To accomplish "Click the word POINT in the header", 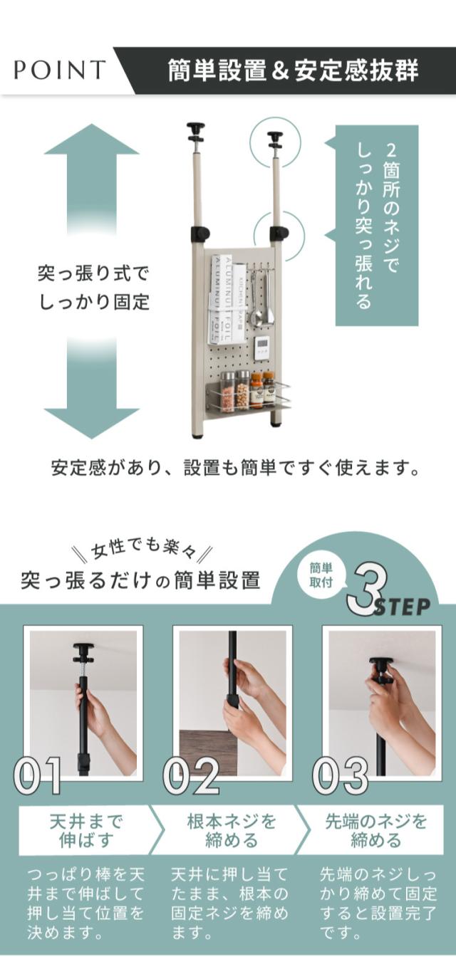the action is pos(60,70).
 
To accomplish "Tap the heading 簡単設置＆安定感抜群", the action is pos(293,70).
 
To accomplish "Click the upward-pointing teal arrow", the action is pos(92,178).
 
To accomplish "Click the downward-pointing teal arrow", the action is pos(92,387).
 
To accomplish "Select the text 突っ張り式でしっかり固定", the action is pos(93,288).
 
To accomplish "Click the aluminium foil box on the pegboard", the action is pos(222,299).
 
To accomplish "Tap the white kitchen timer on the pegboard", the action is pos(263,348).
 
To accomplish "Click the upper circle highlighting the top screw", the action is pos(276,142).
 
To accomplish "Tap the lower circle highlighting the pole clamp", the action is pos(279,236).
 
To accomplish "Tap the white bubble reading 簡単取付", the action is pos(321,575).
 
